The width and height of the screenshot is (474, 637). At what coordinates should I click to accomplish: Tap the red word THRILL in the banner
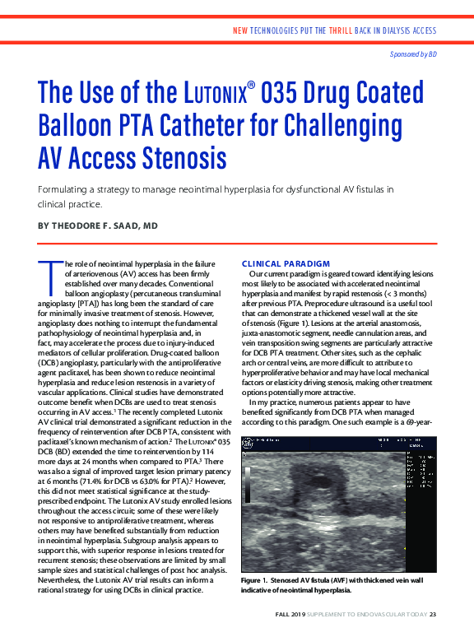pos(342,30)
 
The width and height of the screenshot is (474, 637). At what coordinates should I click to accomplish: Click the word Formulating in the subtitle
pos(61,189)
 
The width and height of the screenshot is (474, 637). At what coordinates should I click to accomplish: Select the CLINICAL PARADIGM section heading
pos(286,263)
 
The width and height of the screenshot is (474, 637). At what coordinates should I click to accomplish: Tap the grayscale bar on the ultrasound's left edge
pos(245,494)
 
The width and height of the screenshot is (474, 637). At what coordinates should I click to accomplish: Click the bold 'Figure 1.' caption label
pos(257,580)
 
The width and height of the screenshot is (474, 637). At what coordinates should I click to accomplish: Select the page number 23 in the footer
pos(432,613)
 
